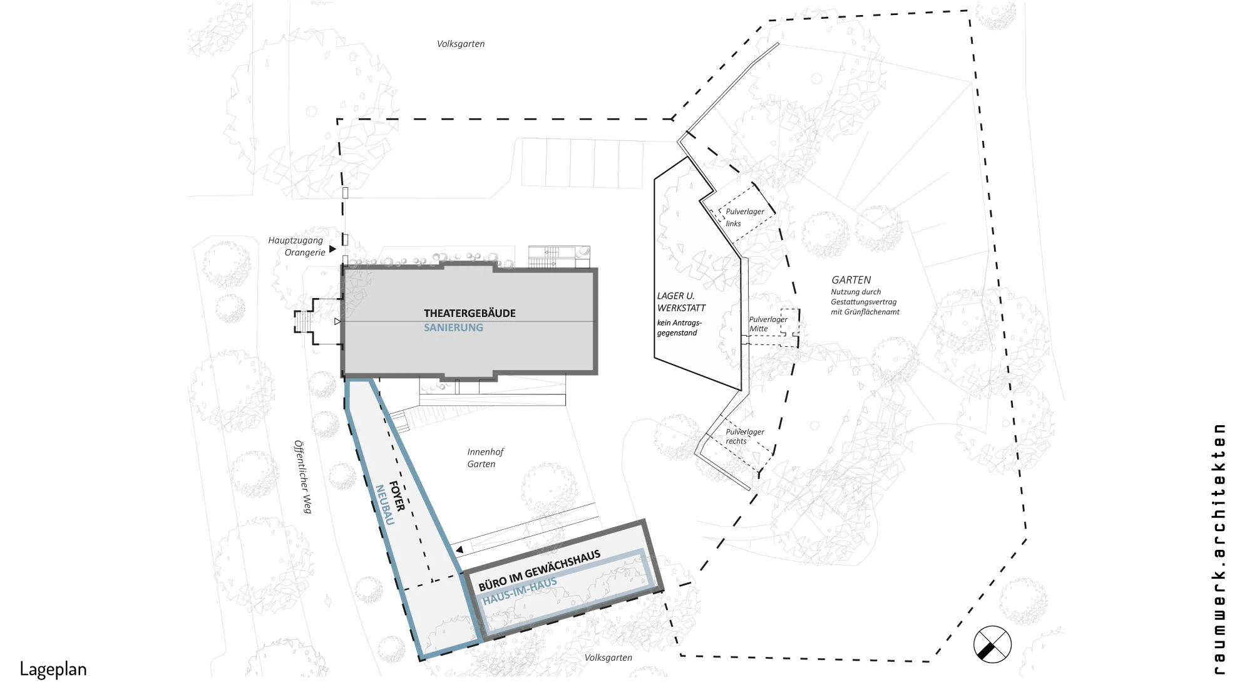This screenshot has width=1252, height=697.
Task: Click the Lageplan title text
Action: [53, 669]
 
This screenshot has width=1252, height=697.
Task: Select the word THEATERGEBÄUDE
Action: [469, 313]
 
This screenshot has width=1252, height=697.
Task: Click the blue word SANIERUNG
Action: [453, 328]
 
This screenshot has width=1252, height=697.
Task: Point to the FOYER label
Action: [397, 497]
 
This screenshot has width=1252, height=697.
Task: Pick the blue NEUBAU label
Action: [384, 505]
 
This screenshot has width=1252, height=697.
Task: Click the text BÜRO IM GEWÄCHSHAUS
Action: [540, 571]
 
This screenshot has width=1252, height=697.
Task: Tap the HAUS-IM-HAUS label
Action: [520, 591]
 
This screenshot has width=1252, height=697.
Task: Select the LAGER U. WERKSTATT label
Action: [681, 302]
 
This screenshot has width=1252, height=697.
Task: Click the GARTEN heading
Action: [851, 280]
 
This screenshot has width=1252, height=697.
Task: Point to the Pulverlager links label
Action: [744, 217]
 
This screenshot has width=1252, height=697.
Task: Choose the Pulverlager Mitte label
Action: [768, 324]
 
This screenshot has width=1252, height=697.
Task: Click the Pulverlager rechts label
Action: [744, 436]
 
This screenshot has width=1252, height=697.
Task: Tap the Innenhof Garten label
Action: [485, 458]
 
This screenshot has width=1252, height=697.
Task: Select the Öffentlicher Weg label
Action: [303, 477]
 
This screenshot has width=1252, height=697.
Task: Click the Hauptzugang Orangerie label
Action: [297, 246]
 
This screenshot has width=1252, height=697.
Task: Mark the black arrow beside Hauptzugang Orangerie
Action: [332, 249]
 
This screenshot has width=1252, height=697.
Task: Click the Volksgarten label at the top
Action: [461, 44]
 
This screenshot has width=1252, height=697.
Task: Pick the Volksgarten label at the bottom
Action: [608, 658]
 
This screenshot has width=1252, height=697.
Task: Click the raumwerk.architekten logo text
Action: [1219, 549]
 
